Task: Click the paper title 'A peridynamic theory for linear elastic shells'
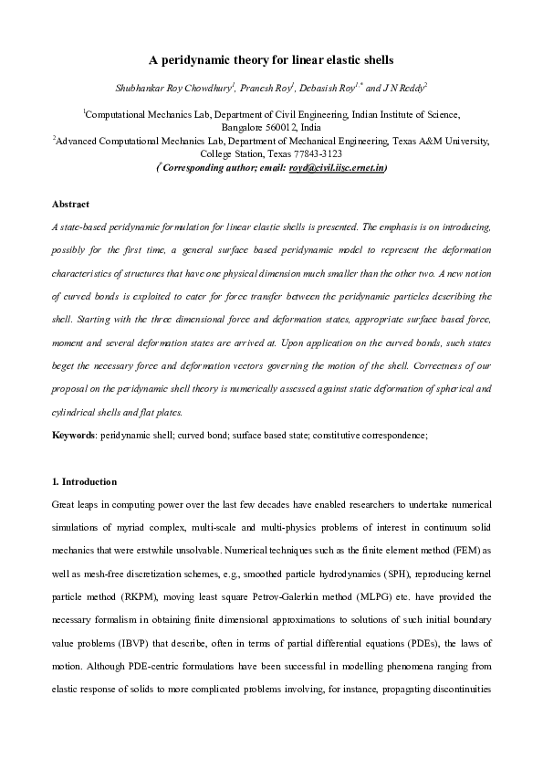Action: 271,60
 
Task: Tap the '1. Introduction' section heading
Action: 84,481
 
